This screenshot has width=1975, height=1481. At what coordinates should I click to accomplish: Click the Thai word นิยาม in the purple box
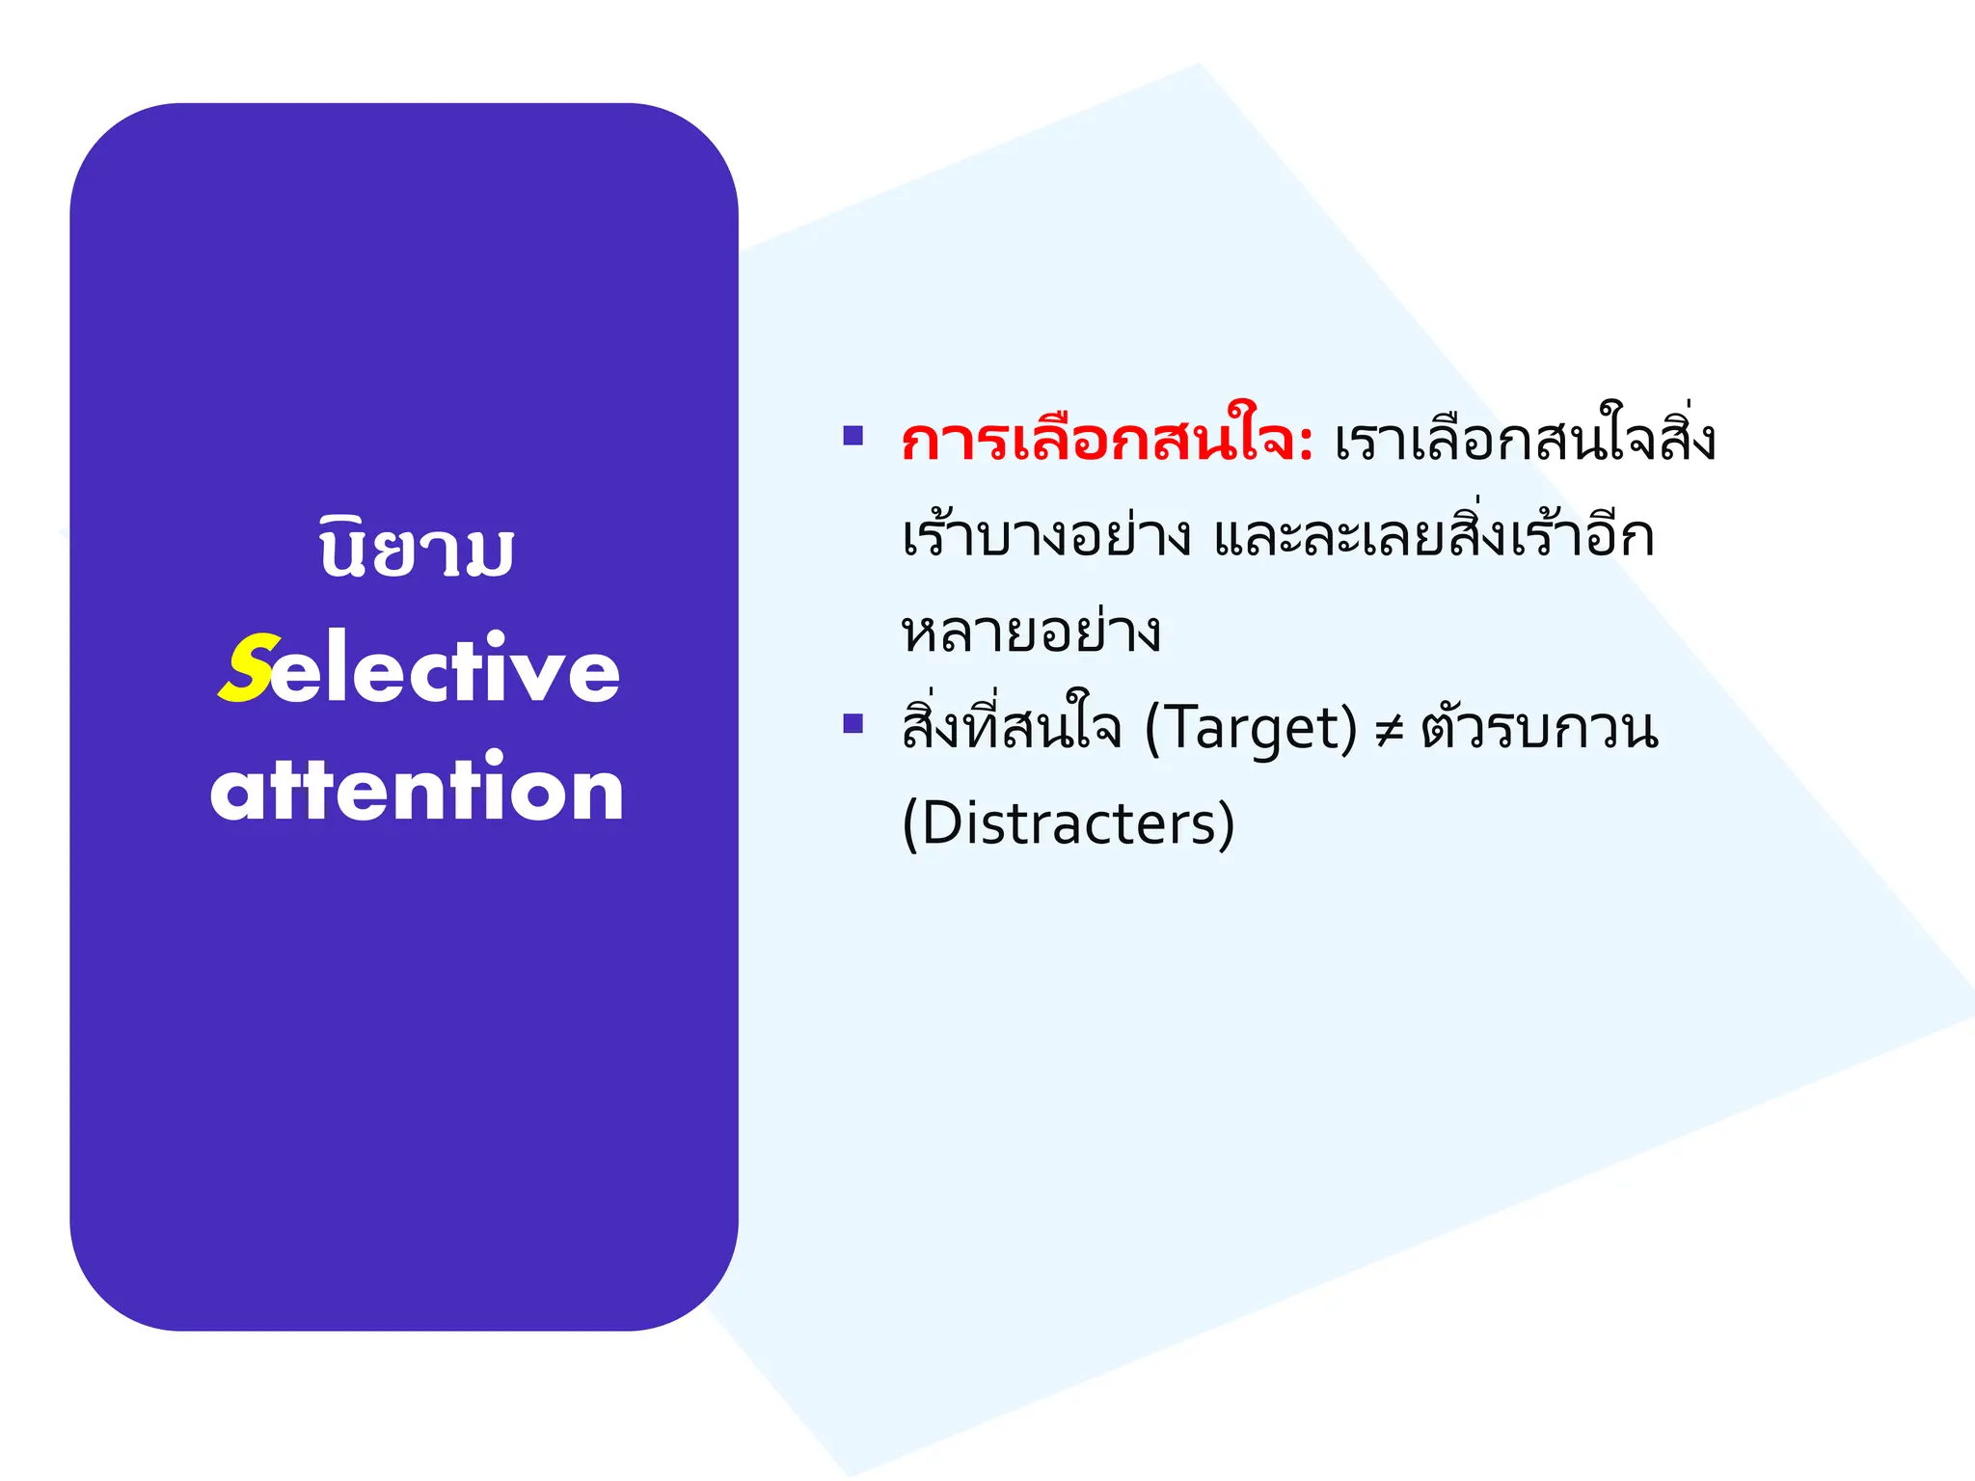(x=417, y=551)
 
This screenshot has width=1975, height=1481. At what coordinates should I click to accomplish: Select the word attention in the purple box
(x=417, y=789)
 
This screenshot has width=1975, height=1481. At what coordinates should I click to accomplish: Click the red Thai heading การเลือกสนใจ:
(x=1105, y=442)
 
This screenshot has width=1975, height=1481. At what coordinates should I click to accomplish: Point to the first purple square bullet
(x=852, y=436)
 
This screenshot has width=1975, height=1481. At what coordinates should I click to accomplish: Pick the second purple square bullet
(x=852, y=723)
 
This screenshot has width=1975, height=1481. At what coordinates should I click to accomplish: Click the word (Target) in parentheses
(x=1251, y=728)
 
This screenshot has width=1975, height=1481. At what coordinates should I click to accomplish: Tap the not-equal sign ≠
(x=1389, y=731)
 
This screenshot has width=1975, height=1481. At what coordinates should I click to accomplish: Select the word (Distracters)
(x=1068, y=823)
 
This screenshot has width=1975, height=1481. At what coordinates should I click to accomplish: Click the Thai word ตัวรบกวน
(x=1539, y=728)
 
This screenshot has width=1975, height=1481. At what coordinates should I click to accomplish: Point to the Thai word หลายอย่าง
(x=1031, y=633)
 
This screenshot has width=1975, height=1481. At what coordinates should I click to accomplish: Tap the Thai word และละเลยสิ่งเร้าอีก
(x=1433, y=536)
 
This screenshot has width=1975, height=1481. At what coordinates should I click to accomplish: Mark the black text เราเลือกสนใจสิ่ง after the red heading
(x=1525, y=442)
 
